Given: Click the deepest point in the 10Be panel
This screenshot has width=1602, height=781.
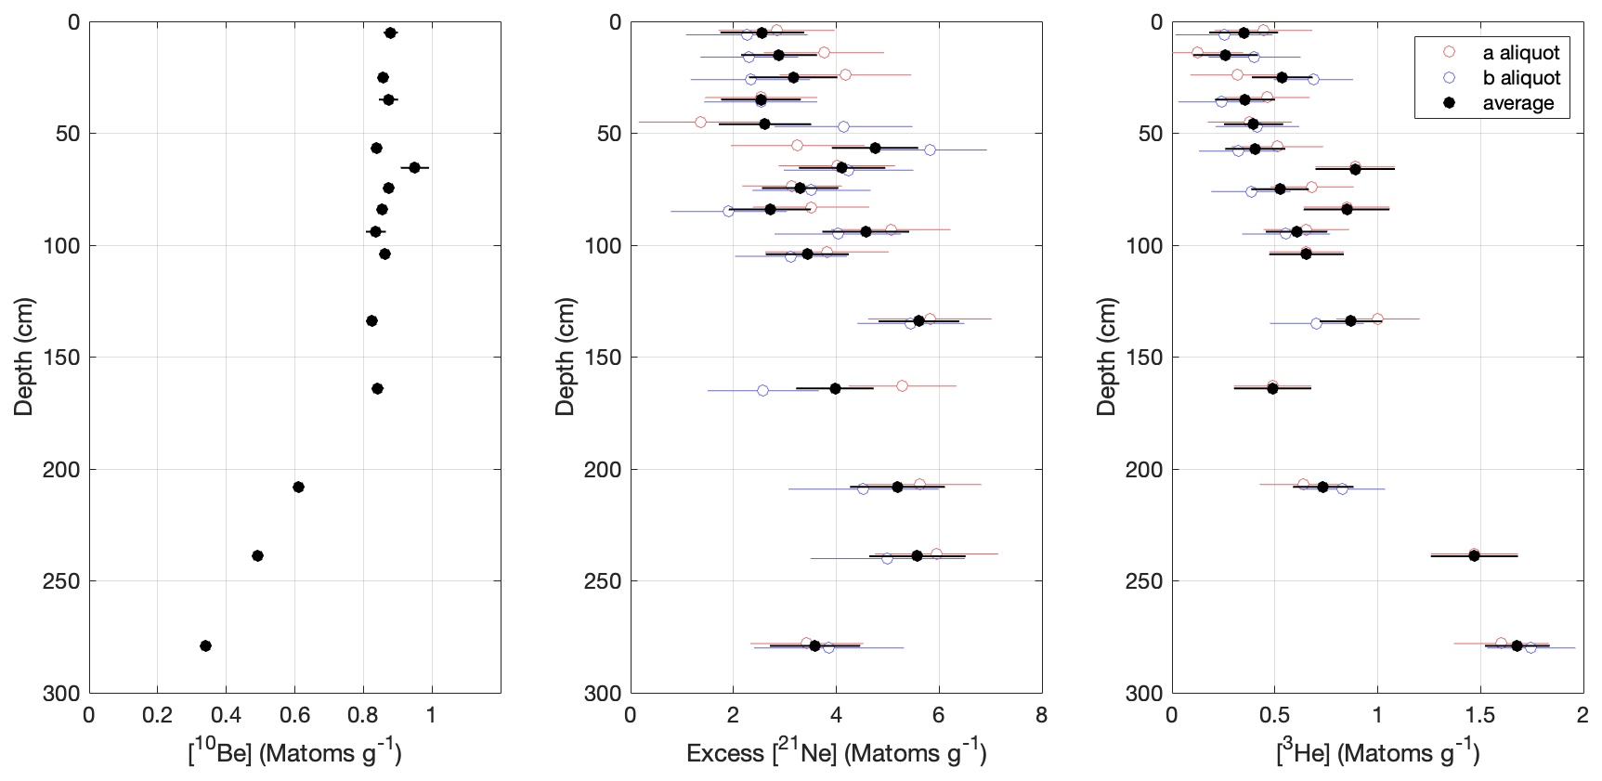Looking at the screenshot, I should (x=205, y=645).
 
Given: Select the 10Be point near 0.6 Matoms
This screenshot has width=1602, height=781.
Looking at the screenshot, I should (x=298, y=487).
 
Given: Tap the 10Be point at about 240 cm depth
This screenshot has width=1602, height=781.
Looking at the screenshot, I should (x=257, y=555).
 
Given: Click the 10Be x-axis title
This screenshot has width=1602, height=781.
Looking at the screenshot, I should (x=294, y=752).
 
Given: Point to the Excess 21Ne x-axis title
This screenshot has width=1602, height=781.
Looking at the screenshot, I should (x=836, y=752).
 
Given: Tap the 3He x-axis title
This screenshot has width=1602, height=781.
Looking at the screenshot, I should (x=1377, y=752).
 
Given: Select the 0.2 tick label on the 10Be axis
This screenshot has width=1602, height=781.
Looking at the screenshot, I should (x=157, y=715).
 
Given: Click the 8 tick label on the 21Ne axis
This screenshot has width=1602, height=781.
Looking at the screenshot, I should (x=1041, y=715).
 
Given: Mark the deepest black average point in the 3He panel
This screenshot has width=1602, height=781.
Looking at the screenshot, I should (x=1517, y=645).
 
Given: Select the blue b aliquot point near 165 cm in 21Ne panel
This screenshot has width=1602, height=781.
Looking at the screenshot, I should (x=762, y=390).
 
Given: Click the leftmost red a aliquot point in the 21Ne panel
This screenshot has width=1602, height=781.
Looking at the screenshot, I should (x=700, y=123).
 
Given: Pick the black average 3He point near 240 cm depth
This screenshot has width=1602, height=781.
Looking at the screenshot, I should (x=1474, y=555).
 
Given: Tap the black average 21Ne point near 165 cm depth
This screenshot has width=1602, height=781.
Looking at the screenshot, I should (x=835, y=388).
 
